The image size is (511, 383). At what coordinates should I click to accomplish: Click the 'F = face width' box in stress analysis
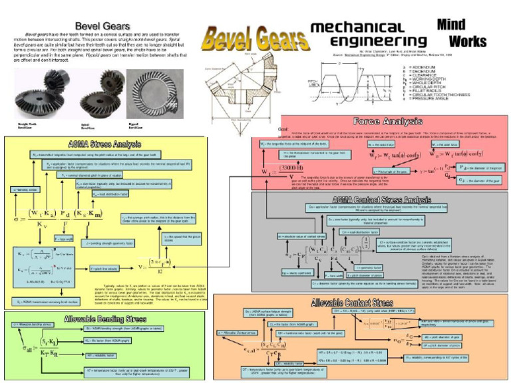click(x=63, y=238)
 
